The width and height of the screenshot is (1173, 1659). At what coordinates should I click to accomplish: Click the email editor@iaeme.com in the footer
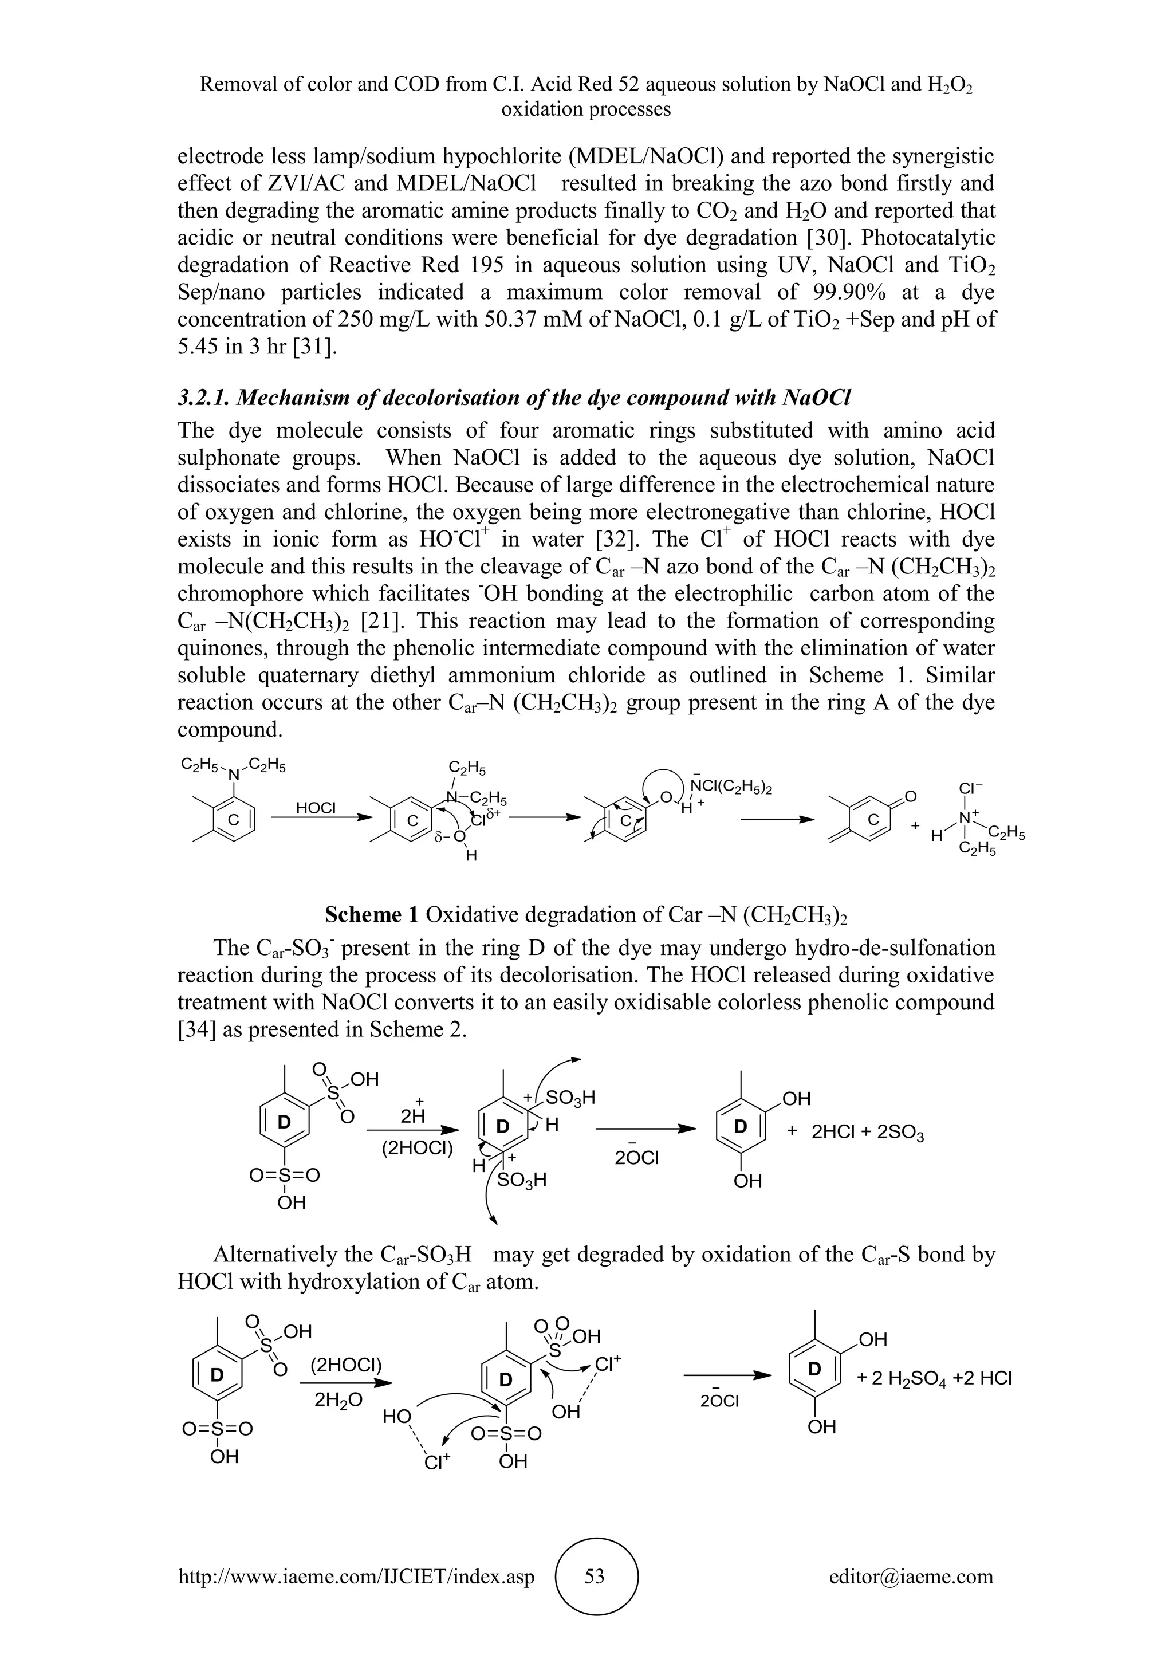click(x=911, y=1576)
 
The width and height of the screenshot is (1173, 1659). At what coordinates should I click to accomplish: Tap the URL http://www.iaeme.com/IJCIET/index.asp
click(x=356, y=1576)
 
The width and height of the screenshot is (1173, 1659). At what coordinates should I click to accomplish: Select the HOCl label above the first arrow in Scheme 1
click(x=316, y=808)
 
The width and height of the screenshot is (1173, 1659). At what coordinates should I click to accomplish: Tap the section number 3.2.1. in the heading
click(x=204, y=398)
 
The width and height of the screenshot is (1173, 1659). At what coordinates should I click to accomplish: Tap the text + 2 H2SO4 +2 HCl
click(x=934, y=1378)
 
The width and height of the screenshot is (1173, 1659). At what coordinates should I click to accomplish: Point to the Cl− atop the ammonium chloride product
click(x=971, y=787)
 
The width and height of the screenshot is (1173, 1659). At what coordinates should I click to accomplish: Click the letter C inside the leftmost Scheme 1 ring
click(x=233, y=821)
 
